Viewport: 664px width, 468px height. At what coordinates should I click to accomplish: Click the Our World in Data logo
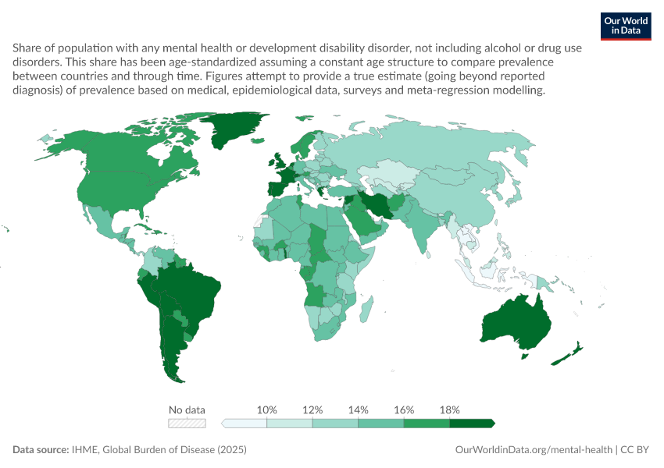pyautogui.click(x=626, y=27)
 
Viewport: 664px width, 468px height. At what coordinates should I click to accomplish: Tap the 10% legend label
pyautogui.click(x=267, y=409)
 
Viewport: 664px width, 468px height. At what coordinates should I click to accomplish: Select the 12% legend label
pyautogui.click(x=312, y=409)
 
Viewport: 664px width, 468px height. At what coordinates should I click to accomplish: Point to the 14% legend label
pyautogui.click(x=359, y=409)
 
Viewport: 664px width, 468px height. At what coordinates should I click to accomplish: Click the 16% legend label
pyautogui.click(x=404, y=409)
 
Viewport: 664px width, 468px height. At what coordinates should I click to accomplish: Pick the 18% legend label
pyautogui.click(x=450, y=409)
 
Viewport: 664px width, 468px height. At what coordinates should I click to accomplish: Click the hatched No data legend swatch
pyautogui.click(x=187, y=424)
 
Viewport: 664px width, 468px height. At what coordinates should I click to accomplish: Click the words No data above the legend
pyautogui.click(x=187, y=409)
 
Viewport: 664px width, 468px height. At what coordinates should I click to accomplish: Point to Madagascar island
pyautogui.click(x=366, y=309)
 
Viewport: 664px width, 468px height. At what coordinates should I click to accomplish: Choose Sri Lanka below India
pyautogui.click(x=428, y=255)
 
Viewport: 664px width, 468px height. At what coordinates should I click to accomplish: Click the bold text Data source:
pyautogui.click(x=41, y=449)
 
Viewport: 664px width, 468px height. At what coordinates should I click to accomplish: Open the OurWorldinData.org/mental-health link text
pyautogui.click(x=534, y=450)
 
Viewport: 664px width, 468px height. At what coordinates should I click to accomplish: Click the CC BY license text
pyautogui.click(x=634, y=450)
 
